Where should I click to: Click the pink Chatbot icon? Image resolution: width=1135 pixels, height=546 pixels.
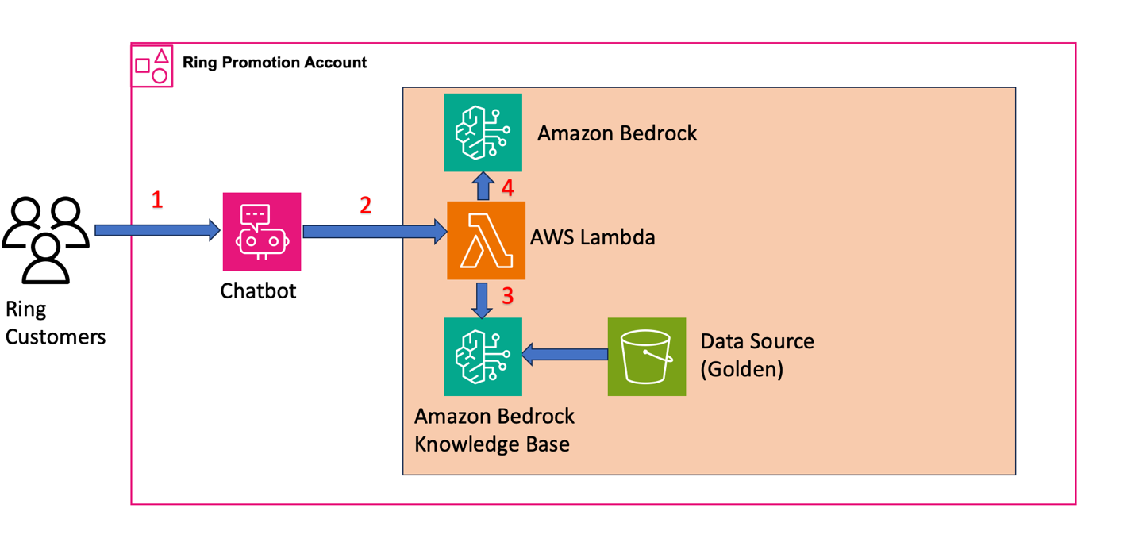tap(262, 232)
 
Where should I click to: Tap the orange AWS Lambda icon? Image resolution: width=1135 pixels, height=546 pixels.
tap(486, 240)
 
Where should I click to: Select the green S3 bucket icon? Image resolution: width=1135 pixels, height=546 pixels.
tap(646, 356)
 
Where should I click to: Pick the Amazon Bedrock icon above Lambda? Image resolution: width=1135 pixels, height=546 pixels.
tap(483, 133)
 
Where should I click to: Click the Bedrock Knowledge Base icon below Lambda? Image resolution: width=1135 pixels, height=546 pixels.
tap(483, 356)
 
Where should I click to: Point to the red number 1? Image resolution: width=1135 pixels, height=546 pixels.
tap(157, 200)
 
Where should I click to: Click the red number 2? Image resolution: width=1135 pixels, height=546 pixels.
tap(365, 206)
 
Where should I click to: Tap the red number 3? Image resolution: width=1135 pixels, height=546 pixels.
tap(508, 297)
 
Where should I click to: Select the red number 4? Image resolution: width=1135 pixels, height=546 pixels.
tap(508, 189)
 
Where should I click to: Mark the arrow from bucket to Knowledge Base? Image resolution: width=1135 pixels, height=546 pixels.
tap(564, 354)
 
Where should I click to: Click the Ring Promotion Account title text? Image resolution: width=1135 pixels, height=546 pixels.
tap(275, 62)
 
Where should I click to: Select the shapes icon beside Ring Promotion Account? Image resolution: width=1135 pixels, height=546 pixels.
tap(152, 66)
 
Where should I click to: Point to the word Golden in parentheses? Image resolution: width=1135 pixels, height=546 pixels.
tap(741, 369)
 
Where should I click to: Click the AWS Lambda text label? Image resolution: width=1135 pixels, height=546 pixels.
tap(592, 236)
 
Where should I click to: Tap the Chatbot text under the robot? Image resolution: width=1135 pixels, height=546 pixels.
tap(258, 290)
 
